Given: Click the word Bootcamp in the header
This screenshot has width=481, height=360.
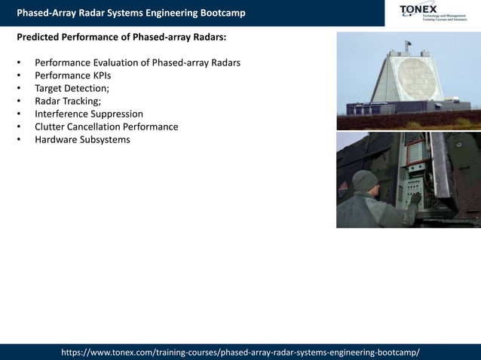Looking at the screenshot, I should tap(219, 13).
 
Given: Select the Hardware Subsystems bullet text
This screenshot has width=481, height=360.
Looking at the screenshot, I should tap(82, 139).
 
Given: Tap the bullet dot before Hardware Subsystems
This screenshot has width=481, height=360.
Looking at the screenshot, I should tap(18, 140).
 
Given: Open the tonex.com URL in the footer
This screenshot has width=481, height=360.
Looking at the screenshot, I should tap(240, 352).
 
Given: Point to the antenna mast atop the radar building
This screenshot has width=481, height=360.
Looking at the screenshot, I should tap(408, 47).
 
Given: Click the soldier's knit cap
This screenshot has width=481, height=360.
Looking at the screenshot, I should tap(365, 180).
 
